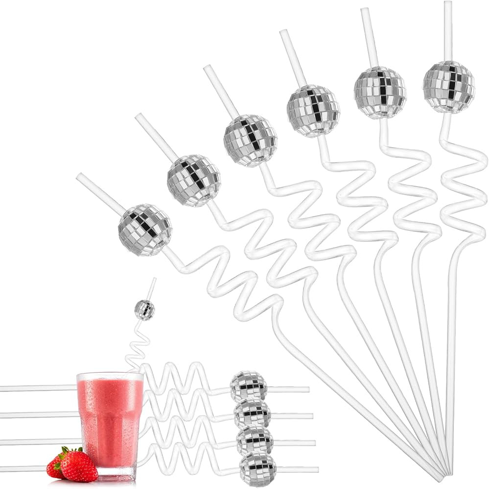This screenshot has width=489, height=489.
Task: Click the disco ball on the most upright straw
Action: tap(449, 87)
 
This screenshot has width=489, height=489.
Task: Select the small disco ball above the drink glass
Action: tap(145, 310)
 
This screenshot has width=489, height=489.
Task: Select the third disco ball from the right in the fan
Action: tap(313, 111)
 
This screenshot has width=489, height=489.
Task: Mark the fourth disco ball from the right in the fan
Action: tap(250, 140)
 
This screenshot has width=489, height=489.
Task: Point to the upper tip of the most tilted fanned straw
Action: tap(79, 176)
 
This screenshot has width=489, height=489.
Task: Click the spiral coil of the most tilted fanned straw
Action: tap(230, 274)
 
